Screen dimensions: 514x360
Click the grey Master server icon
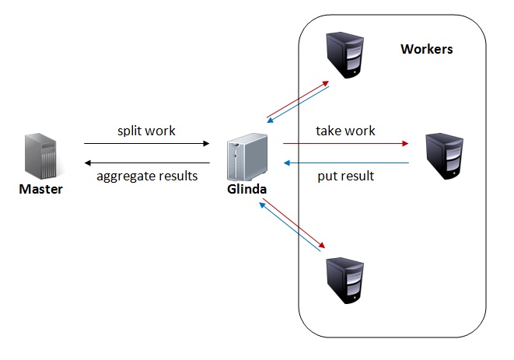(40, 156)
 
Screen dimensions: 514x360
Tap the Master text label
(41, 189)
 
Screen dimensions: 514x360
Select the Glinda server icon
(247, 157)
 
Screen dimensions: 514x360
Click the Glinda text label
(247, 189)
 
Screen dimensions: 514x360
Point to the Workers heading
(426, 49)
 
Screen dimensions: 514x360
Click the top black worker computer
(344, 55)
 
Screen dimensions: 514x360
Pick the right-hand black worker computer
(444, 156)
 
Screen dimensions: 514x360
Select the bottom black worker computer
(344, 281)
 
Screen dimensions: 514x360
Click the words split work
(146, 131)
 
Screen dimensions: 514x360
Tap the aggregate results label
(147, 177)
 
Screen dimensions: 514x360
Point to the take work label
(345, 131)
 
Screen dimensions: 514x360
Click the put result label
(346, 177)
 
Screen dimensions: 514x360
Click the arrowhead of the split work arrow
(206, 143)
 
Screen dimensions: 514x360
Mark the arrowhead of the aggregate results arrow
(88, 163)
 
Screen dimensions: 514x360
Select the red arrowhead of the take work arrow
(405, 143)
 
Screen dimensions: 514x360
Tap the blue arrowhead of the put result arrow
(287, 163)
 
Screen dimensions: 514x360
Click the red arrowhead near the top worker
(326, 83)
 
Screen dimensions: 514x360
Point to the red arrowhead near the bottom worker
(322, 245)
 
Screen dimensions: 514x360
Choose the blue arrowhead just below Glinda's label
(262, 205)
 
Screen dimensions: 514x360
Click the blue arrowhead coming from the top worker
(270, 121)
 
